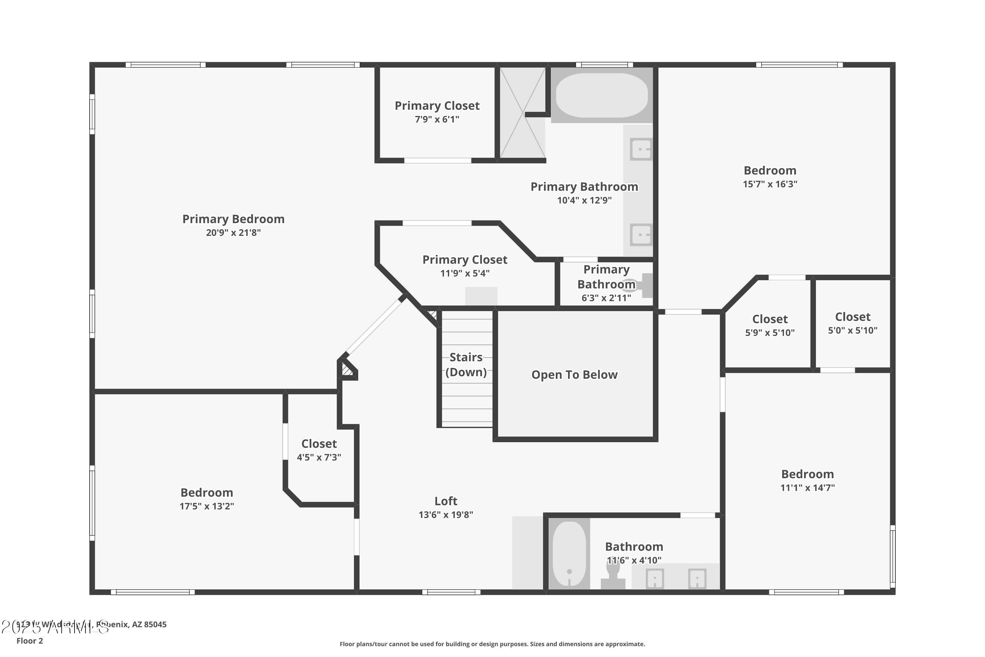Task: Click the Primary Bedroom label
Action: point(233,219)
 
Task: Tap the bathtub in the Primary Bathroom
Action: point(602,96)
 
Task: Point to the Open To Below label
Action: point(574,374)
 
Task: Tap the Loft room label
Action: point(446,501)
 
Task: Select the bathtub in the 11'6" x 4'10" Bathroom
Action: point(569,554)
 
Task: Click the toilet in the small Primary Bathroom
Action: point(636,285)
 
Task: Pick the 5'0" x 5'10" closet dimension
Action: point(852,330)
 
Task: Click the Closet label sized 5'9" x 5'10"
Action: point(770,319)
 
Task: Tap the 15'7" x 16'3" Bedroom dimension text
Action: point(770,184)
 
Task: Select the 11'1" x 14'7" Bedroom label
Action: point(807,474)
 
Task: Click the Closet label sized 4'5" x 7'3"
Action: point(319,444)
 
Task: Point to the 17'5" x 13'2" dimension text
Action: point(207,506)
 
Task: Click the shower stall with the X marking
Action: point(522,113)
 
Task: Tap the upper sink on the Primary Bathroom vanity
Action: point(641,149)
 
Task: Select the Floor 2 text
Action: point(30,641)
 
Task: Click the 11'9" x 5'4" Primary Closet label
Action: point(465,260)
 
